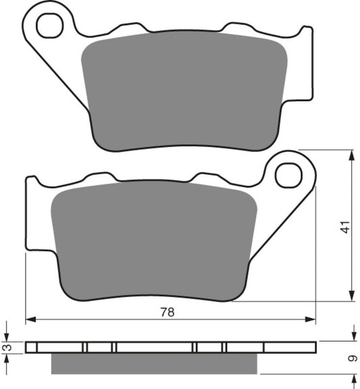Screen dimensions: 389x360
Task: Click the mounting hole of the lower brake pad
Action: (288, 174)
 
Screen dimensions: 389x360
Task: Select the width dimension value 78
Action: (165, 312)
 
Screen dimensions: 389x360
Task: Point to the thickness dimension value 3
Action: (6, 347)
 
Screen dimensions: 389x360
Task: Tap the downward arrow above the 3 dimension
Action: (6, 334)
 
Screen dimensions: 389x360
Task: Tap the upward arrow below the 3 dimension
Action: (6, 359)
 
